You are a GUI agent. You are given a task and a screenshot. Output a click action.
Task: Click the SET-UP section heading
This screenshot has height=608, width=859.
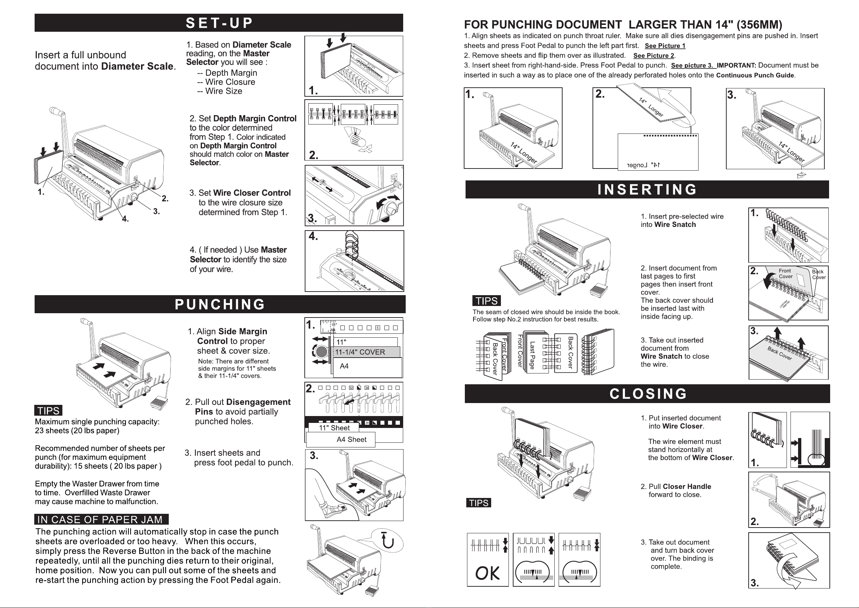click(x=219, y=23)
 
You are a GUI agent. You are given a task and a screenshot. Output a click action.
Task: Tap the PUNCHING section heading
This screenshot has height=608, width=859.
click(x=220, y=305)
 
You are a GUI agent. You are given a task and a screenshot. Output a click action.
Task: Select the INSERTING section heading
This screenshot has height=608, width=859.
click(x=647, y=190)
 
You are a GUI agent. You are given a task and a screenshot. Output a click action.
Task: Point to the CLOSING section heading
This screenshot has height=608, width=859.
click(x=648, y=394)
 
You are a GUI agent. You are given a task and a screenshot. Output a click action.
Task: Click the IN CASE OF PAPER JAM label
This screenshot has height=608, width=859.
click(x=100, y=520)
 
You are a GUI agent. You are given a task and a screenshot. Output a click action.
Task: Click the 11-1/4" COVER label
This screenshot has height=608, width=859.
click(x=360, y=352)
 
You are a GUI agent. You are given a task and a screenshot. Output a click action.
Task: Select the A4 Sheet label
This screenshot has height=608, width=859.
click(x=351, y=439)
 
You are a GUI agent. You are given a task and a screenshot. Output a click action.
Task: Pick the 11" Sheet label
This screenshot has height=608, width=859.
click(x=334, y=428)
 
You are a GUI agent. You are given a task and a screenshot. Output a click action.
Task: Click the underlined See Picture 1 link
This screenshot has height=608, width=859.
click(x=665, y=46)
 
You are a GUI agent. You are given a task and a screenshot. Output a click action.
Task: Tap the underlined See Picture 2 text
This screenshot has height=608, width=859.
click(x=653, y=56)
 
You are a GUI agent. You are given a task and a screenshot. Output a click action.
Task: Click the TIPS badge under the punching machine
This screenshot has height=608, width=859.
click(x=49, y=411)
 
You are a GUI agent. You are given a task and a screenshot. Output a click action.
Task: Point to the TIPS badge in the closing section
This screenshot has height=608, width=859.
click(x=479, y=503)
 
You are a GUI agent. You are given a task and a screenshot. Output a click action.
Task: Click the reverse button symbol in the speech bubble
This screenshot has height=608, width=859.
click(x=388, y=540)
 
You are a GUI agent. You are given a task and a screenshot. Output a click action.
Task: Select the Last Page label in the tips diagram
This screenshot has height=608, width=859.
click(x=532, y=355)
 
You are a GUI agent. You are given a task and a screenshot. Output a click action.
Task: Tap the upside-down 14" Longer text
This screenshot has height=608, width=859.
click(x=643, y=165)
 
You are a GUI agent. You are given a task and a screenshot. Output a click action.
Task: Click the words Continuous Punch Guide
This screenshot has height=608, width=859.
click(x=755, y=75)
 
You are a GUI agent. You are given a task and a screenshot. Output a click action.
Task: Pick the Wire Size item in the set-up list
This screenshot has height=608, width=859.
click(x=223, y=91)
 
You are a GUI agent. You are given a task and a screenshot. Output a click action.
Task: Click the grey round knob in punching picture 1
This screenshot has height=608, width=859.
click(x=321, y=351)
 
